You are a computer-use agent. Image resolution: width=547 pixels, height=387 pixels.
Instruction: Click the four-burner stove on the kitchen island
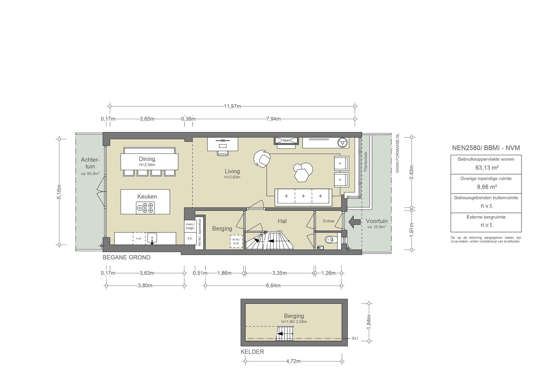[x=145, y=208]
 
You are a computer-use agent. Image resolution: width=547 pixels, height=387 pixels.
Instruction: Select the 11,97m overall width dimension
[x=232, y=106]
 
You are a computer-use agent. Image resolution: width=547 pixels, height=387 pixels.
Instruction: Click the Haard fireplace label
[x=286, y=140]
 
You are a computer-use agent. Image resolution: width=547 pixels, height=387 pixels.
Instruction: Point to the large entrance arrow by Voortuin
[x=354, y=222]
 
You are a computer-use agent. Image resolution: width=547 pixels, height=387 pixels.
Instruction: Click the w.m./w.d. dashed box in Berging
[x=236, y=241]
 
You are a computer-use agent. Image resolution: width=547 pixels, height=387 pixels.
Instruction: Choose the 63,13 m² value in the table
[x=486, y=168]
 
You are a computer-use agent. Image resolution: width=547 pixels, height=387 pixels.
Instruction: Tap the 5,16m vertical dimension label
[x=59, y=192]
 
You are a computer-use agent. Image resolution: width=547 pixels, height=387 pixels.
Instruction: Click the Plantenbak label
[x=366, y=162]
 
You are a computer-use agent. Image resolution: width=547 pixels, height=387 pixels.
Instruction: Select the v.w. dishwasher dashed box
[x=139, y=238]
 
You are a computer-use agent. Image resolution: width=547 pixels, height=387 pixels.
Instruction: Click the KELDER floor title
[x=252, y=352]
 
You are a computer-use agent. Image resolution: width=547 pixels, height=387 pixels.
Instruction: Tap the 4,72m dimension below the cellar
[x=293, y=361]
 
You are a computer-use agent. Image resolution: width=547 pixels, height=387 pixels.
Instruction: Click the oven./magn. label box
[x=190, y=226]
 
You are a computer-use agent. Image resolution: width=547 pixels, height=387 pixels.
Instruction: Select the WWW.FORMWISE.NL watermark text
[x=397, y=153]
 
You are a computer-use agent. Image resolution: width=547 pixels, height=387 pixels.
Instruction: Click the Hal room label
[x=282, y=221]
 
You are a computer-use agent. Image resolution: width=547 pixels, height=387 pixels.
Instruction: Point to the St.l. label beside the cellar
[x=355, y=339]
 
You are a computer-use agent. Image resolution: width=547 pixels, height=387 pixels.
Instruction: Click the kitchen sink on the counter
[x=152, y=238]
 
